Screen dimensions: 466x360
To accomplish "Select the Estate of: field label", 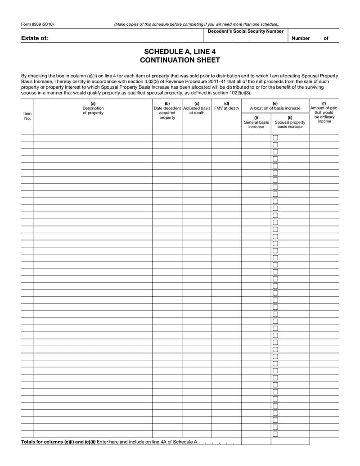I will click(34, 38).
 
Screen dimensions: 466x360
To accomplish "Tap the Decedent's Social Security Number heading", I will click(245, 31).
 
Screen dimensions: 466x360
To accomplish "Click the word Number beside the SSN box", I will click(300, 38).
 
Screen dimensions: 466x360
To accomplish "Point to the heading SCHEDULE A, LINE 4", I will click(180, 52).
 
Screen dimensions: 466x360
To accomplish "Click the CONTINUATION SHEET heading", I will click(180, 60).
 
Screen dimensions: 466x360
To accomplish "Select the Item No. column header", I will click(27, 116).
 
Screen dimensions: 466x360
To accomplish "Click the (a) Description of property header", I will click(93, 108).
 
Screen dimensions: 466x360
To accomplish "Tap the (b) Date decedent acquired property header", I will click(167, 110).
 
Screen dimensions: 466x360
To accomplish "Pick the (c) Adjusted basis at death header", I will click(197, 108).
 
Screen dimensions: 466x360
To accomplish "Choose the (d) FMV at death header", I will click(226, 106).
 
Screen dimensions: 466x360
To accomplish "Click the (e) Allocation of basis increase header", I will click(275, 106).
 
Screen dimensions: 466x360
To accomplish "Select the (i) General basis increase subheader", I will click(256, 122).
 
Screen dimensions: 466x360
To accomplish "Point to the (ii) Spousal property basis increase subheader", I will click(290, 122).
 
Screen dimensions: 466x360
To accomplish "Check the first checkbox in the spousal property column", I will click(275, 138).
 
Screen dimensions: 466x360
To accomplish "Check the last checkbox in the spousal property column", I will click(275, 434).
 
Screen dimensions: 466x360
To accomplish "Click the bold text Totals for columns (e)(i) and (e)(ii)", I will click(58, 442).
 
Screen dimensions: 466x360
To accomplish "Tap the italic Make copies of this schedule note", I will click(197, 24).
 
